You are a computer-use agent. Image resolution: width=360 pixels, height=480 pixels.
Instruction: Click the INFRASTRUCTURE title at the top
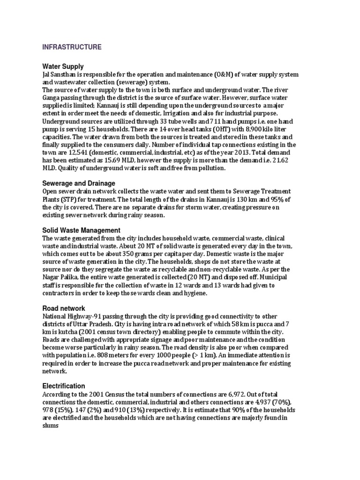[x=72, y=47]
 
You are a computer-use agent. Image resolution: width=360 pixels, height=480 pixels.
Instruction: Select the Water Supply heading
[x=63, y=67]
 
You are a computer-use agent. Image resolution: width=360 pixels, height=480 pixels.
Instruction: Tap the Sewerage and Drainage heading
[x=78, y=183]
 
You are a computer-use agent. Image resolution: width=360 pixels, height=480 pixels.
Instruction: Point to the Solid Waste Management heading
[x=81, y=230]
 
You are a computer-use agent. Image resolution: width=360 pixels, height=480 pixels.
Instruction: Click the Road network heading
[x=64, y=308]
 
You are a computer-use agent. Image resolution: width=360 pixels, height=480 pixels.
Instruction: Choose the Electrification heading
[x=64, y=386]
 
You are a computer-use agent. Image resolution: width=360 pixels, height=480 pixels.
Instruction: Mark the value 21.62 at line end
[x=282, y=160]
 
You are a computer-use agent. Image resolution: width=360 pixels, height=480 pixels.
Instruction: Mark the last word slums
[x=51, y=426]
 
